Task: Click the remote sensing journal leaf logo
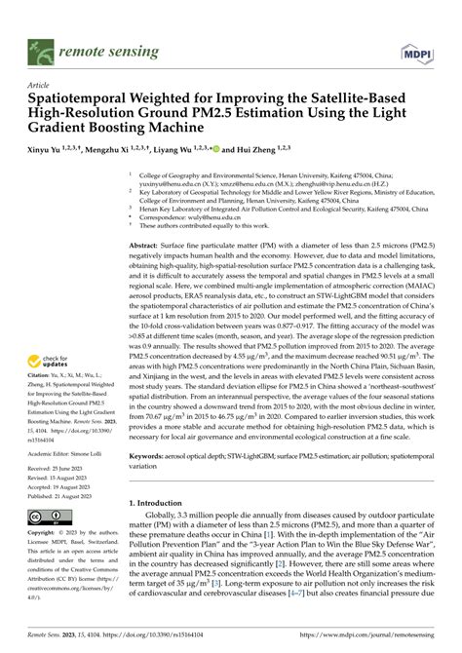pos(42,45)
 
